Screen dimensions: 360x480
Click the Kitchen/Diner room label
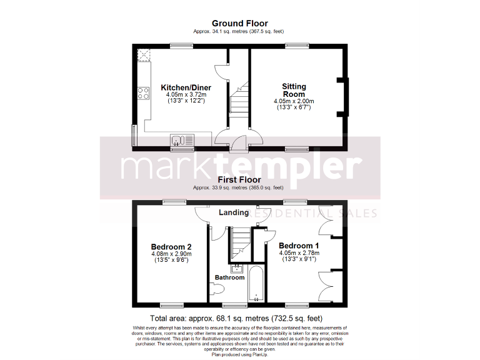tap(186, 87)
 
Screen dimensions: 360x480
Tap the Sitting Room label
tap(294, 90)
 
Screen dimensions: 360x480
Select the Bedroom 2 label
tap(171, 246)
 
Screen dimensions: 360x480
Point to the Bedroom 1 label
tap(299, 245)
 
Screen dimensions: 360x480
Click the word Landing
tap(233, 212)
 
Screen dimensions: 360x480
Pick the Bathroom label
tap(229, 277)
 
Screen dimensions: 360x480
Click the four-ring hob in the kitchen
tap(143, 94)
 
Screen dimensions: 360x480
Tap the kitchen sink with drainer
tap(177, 140)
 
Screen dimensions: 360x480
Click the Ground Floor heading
tap(239, 23)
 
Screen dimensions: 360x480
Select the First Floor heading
tap(239, 180)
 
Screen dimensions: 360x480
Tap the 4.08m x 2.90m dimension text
tap(171, 254)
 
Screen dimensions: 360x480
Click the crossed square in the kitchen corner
tap(146, 56)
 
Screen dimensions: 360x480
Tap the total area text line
tap(239, 317)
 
